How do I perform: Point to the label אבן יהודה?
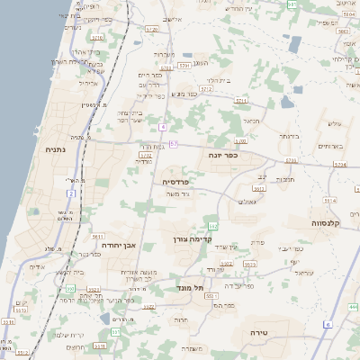tap(116, 244)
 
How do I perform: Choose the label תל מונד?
tap(190, 288)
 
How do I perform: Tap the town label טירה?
tap(258, 332)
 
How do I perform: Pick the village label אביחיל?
tap(87, 83)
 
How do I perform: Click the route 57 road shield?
tap(173, 144)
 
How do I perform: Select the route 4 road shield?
tap(162, 127)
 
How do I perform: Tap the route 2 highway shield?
tap(70, 193)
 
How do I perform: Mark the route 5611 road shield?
tap(96, 237)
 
